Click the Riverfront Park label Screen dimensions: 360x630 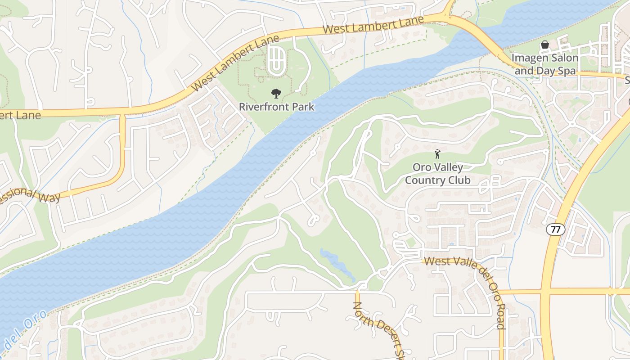point(276,107)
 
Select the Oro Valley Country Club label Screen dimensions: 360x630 point(437,174)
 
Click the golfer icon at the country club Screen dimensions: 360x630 point(437,154)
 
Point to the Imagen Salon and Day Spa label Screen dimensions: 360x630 point(545,64)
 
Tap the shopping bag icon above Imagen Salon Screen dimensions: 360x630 point(545,45)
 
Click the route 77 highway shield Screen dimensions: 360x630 point(556,229)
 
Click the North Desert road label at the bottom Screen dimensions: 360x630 point(378,331)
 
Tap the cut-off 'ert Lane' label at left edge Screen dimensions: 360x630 point(20,115)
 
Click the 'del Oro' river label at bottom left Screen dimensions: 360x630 point(25,331)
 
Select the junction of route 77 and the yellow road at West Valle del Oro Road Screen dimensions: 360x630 point(546,292)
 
